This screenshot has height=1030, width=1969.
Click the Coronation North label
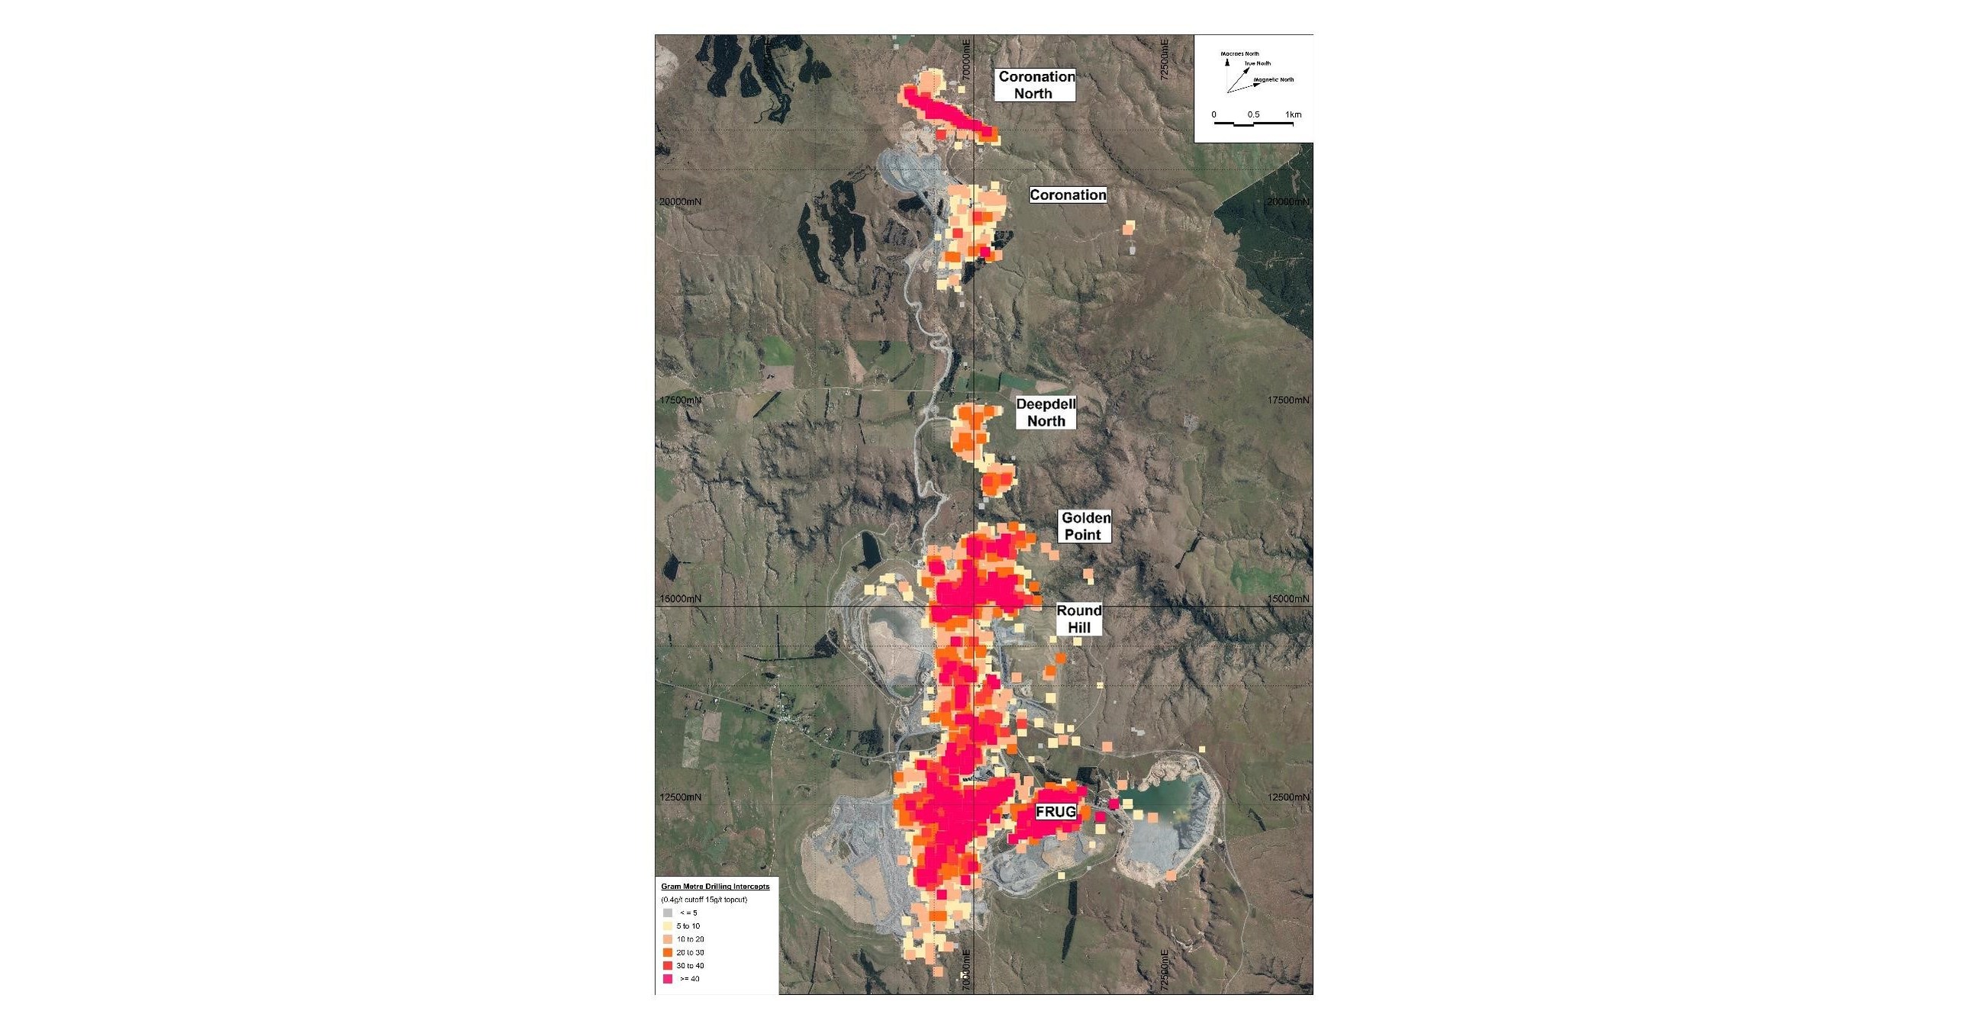[x=1036, y=85]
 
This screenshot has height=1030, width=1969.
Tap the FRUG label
[x=1055, y=812]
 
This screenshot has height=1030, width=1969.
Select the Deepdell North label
[x=1046, y=413]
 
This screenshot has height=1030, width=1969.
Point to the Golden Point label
[x=1084, y=526]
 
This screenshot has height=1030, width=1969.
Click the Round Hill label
[x=1078, y=619]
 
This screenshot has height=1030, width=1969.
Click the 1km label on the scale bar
[x=1293, y=114]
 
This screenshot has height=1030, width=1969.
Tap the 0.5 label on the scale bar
[x=1254, y=114]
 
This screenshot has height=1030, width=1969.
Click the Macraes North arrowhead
[x=1227, y=63]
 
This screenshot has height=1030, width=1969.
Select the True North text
[x=1258, y=63]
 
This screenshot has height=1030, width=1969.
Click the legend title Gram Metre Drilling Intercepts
[x=714, y=887]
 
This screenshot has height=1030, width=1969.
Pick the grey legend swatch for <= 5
[x=667, y=913]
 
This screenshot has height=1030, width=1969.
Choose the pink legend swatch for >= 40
[x=667, y=979]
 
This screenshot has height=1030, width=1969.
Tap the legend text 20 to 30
[x=690, y=953]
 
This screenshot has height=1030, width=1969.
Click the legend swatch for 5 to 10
[x=667, y=926]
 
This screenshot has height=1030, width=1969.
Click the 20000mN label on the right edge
[x=1288, y=201]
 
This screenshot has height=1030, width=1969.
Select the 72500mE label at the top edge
[x=1164, y=60]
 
